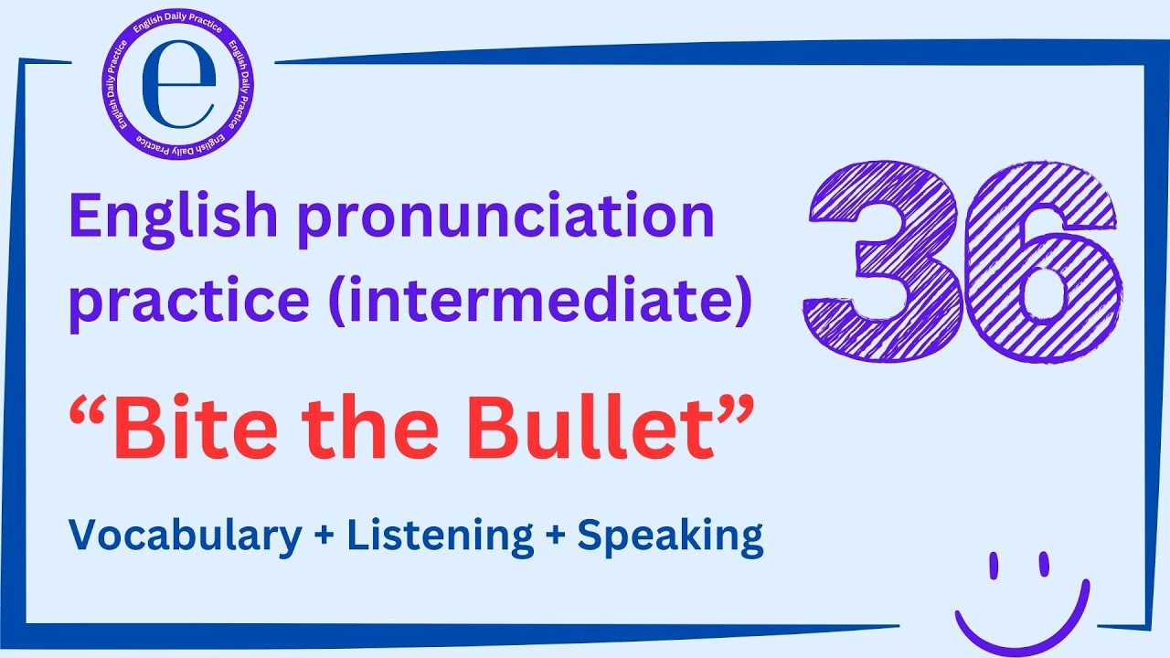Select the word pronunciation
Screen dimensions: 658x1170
pyautogui.click(x=504, y=220)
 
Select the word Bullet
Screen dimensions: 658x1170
pyautogui.click(x=590, y=430)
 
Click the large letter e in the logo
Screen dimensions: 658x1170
pyautogui.click(x=179, y=87)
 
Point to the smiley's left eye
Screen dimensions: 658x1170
pyautogui.click(x=994, y=566)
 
